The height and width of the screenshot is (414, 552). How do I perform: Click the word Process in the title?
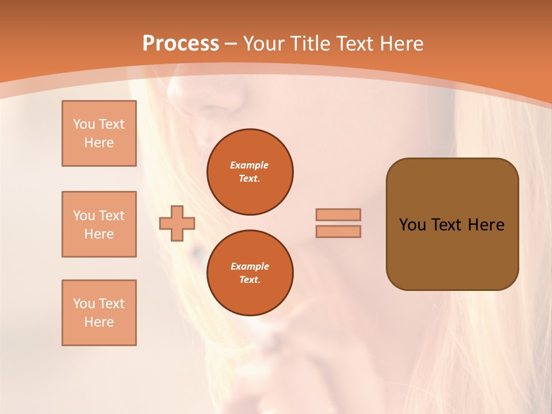pyautogui.click(x=181, y=44)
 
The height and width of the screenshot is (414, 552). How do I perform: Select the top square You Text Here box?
pyautogui.click(x=99, y=133)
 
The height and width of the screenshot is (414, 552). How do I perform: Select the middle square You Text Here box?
pyautogui.click(x=99, y=224)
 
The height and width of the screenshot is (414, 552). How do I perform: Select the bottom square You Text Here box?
pyautogui.click(x=99, y=313)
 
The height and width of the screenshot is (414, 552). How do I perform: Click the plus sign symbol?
pyautogui.click(x=177, y=223)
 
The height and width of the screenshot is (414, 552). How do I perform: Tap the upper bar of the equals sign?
pyautogui.click(x=338, y=214)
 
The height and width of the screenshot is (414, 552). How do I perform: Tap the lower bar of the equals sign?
pyautogui.click(x=338, y=231)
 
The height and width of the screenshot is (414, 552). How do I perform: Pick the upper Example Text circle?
pyautogui.click(x=250, y=172)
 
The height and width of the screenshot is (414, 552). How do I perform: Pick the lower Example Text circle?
pyautogui.click(x=250, y=273)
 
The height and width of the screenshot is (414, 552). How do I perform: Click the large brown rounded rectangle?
pyautogui.click(x=452, y=253)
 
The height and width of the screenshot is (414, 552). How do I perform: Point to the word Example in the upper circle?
pyautogui.click(x=250, y=165)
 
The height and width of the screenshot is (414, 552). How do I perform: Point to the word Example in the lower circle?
pyautogui.click(x=250, y=266)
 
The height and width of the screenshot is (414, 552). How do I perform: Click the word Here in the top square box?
pyautogui.click(x=99, y=143)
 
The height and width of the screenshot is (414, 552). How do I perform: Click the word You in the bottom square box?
pyautogui.click(x=84, y=304)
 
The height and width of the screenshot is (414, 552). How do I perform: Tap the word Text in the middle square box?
pyautogui.click(x=112, y=216)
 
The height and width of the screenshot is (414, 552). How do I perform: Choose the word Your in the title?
pyautogui.click(x=264, y=44)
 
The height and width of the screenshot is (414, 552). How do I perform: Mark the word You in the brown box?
pyautogui.click(x=412, y=225)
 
